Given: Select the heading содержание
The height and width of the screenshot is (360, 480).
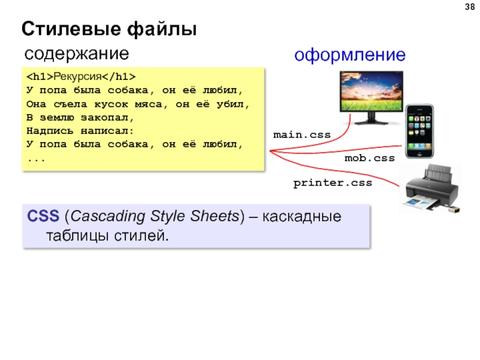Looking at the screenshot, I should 76,54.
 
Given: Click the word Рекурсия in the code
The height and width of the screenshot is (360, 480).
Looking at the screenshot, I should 76,77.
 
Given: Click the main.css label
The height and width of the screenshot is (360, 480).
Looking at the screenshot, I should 302,136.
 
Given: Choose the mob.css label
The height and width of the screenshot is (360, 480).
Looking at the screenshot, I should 369,158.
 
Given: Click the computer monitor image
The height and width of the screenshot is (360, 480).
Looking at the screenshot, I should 366,95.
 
